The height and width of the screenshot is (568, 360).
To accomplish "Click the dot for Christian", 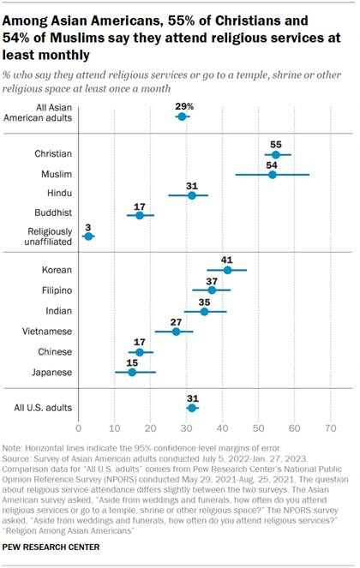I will click(275, 155).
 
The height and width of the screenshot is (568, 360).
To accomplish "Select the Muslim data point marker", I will click(273, 175).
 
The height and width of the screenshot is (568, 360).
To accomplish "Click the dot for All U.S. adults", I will click(191, 408).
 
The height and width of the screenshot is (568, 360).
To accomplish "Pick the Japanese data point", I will click(132, 373).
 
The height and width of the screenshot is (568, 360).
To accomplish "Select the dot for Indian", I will click(204, 311).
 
